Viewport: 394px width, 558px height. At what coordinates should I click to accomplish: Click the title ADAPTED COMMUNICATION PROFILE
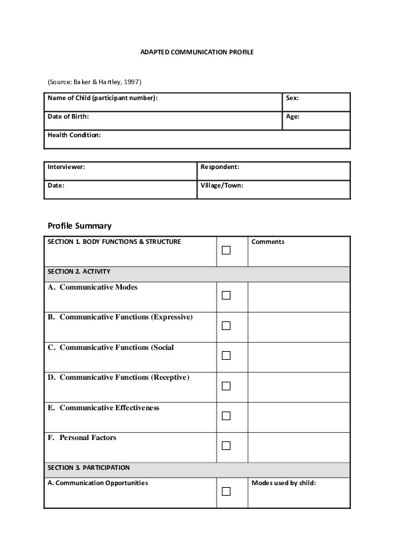click(197, 51)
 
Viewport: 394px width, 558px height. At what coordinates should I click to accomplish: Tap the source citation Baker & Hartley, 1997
click(94, 82)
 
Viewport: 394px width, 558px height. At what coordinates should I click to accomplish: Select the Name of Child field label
click(102, 98)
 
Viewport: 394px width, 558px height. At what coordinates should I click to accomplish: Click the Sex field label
click(292, 98)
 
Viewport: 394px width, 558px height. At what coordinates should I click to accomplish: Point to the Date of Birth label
click(68, 117)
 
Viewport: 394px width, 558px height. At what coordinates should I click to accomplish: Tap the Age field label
click(293, 117)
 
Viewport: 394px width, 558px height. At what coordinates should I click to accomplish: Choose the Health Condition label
click(74, 135)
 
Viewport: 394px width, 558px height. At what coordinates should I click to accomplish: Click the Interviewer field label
click(66, 167)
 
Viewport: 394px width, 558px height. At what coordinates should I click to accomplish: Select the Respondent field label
click(220, 167)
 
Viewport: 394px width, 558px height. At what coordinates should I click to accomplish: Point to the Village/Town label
click(222, 186)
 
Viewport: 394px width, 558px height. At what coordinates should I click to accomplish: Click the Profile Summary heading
click(79, 226)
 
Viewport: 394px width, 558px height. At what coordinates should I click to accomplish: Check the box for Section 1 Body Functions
click(226, 251)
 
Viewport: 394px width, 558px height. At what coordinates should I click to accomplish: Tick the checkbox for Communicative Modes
click(226, 296)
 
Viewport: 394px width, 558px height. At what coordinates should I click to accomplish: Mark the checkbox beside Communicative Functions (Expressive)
click(226, 325)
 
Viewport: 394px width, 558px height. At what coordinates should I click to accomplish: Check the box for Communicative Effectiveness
click(226, 416)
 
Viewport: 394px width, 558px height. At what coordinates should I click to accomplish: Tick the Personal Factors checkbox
click(226, 446)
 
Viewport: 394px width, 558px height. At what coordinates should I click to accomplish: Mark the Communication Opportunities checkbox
click(226, 492)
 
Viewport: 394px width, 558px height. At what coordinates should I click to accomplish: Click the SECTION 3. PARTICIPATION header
click(89, 468)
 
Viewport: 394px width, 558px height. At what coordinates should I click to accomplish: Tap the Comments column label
click(268, 242)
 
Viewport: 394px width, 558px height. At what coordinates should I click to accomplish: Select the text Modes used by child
click(283, 483)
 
